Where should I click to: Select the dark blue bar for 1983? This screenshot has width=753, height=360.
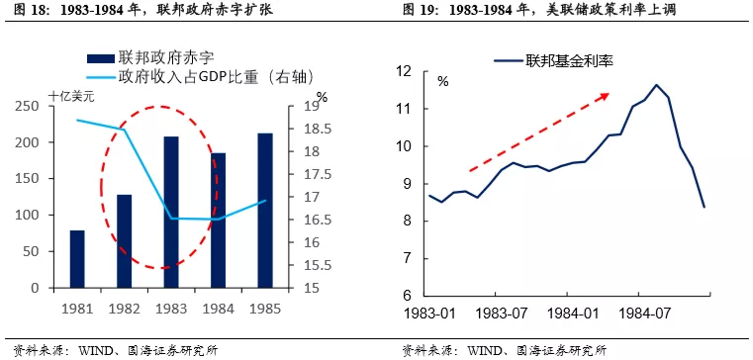[171, 212]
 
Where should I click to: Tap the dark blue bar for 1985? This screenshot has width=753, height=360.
[265, 210]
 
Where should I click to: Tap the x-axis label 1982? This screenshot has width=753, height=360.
[124, 309]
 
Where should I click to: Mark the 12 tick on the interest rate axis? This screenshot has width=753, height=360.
[403, 71]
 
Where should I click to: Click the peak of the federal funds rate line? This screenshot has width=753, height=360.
[655, 85]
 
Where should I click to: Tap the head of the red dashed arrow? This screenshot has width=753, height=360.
[606, 94]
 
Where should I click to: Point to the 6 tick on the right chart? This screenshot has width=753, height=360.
[407, 295]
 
